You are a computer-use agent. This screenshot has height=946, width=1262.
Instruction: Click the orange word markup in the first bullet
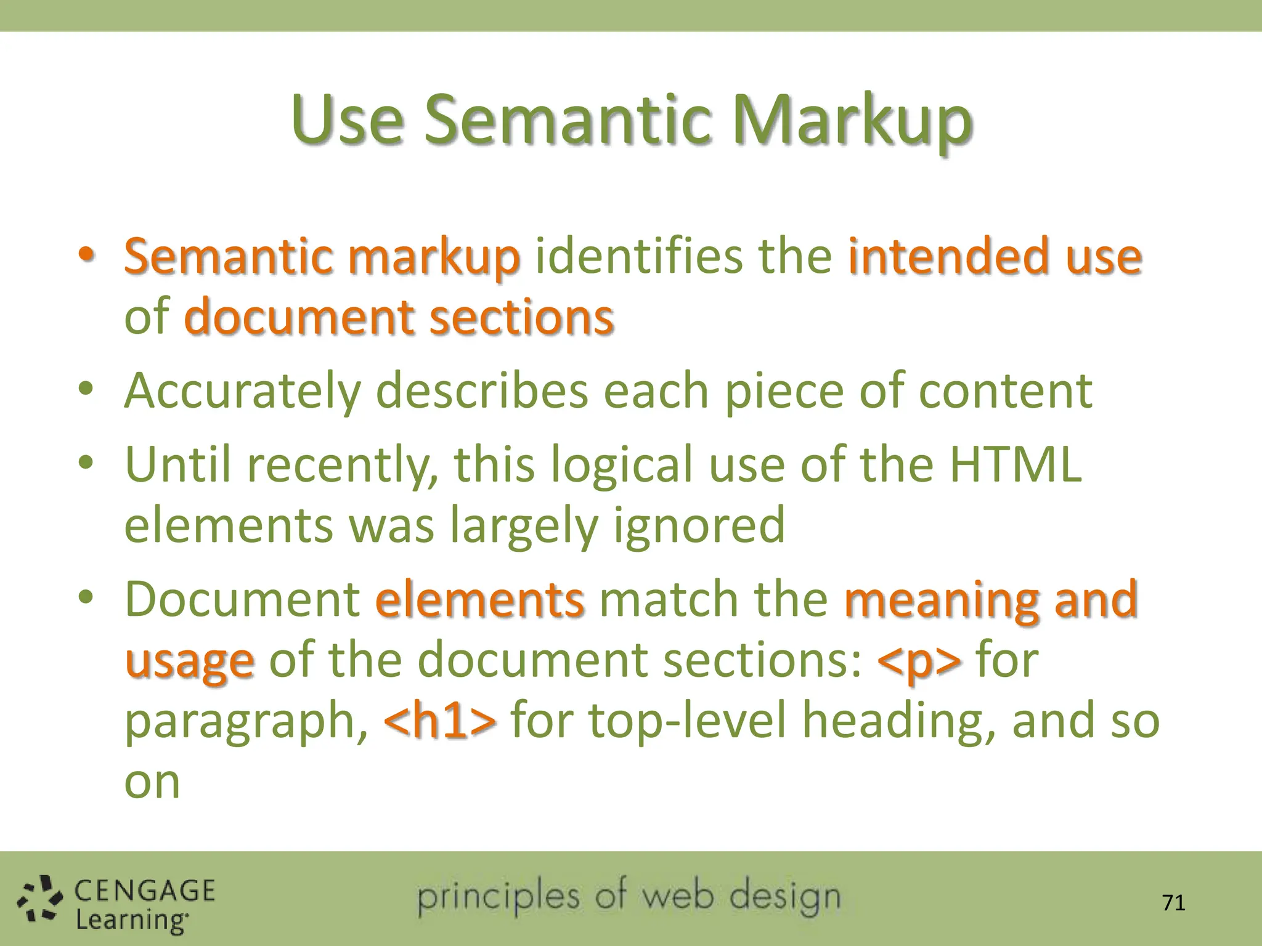[434, 257]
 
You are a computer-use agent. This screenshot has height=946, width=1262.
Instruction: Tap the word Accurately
[242, 391]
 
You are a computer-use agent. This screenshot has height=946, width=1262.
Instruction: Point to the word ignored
[699, 525]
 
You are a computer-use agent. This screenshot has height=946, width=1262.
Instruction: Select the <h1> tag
[439, 721]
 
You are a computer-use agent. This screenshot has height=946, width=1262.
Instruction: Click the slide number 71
[1173, 903]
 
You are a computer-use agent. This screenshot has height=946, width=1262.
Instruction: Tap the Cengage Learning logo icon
[40, 900]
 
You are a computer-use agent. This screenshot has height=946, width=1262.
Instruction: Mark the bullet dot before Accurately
[86, 389]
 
